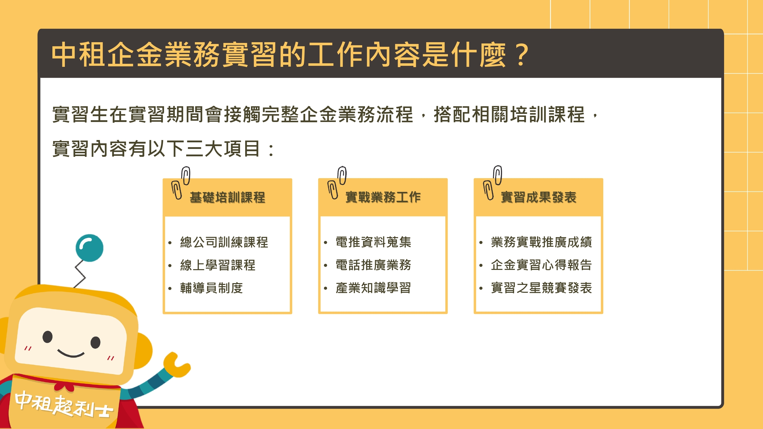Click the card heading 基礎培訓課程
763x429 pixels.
pos(227,197)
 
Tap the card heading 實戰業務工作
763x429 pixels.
pos(383,197)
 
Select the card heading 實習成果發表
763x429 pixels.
pos(538,197)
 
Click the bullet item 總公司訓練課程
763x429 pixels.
pos(224,242)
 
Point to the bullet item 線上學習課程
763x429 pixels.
pos(218,265)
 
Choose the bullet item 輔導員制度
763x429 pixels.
pos(212,288)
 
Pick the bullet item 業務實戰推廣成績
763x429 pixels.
pos(541,242)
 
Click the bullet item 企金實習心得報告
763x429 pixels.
pos(541,265)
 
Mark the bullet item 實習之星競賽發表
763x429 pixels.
pos(541,288)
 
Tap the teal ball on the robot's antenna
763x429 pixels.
pos(89,248)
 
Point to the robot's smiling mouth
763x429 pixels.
pos(71,353)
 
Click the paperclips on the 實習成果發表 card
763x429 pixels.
pos(493,182)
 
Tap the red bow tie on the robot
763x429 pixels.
pos(64,386)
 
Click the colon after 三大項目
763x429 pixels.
pos(271,150)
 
